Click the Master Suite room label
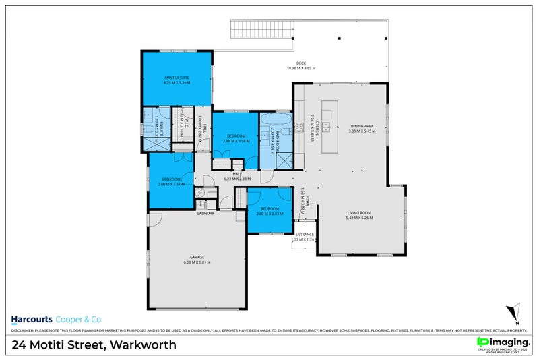pyautogui.click(x=177, y=78)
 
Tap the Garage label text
pyautogui.click(x=196, y=258)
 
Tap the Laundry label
pyautogui.click(x=205, y=214)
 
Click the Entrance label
pyautogui.click(x=304, y=234)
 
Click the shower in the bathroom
pyautogui.click(x=284, y=159)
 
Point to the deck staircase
pyautogui.click(x=262, y=30)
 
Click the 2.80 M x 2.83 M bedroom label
pyautogui.click(x=269, y=211)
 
